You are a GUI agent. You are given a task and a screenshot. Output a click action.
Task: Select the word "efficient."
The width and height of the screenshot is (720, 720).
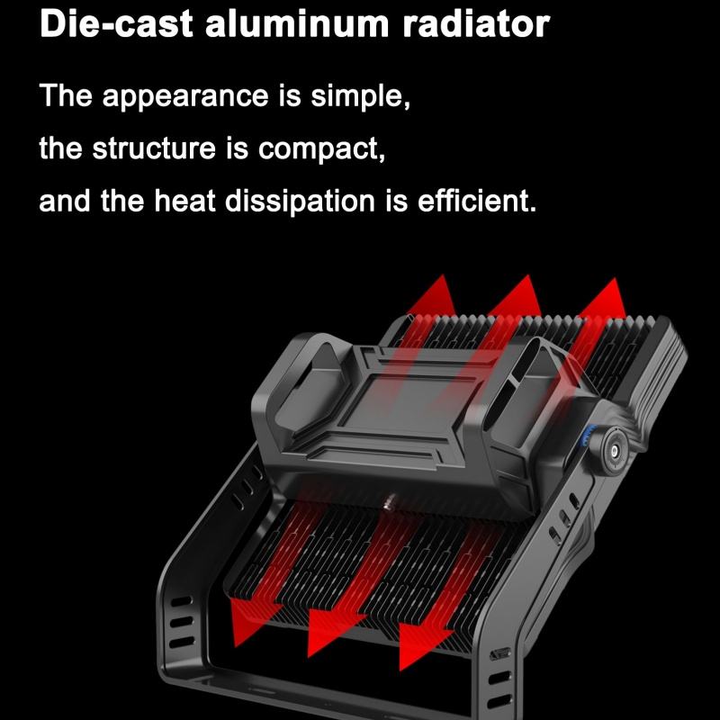coord(477,200)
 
